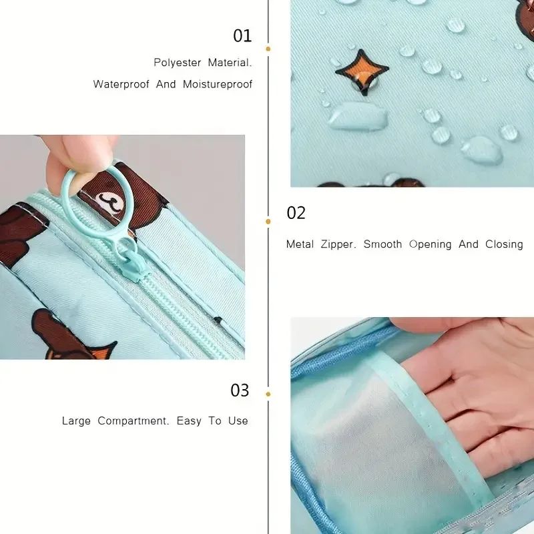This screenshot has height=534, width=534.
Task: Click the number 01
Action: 242,35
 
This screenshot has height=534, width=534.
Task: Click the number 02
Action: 296,213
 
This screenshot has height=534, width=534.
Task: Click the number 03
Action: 240,390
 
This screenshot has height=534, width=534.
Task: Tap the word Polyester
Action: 178,63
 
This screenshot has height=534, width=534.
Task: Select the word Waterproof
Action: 121,84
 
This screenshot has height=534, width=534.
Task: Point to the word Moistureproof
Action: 218,84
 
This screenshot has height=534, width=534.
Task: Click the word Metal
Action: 300,244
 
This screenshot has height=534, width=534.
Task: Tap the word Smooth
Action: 382,244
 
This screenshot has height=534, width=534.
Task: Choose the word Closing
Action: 504,244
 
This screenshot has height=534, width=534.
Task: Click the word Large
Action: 77,421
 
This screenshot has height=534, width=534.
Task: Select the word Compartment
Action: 133,421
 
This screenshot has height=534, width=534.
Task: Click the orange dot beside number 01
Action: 268,48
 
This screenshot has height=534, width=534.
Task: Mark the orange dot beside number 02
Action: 268,221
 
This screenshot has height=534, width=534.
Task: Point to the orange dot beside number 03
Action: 268,394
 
